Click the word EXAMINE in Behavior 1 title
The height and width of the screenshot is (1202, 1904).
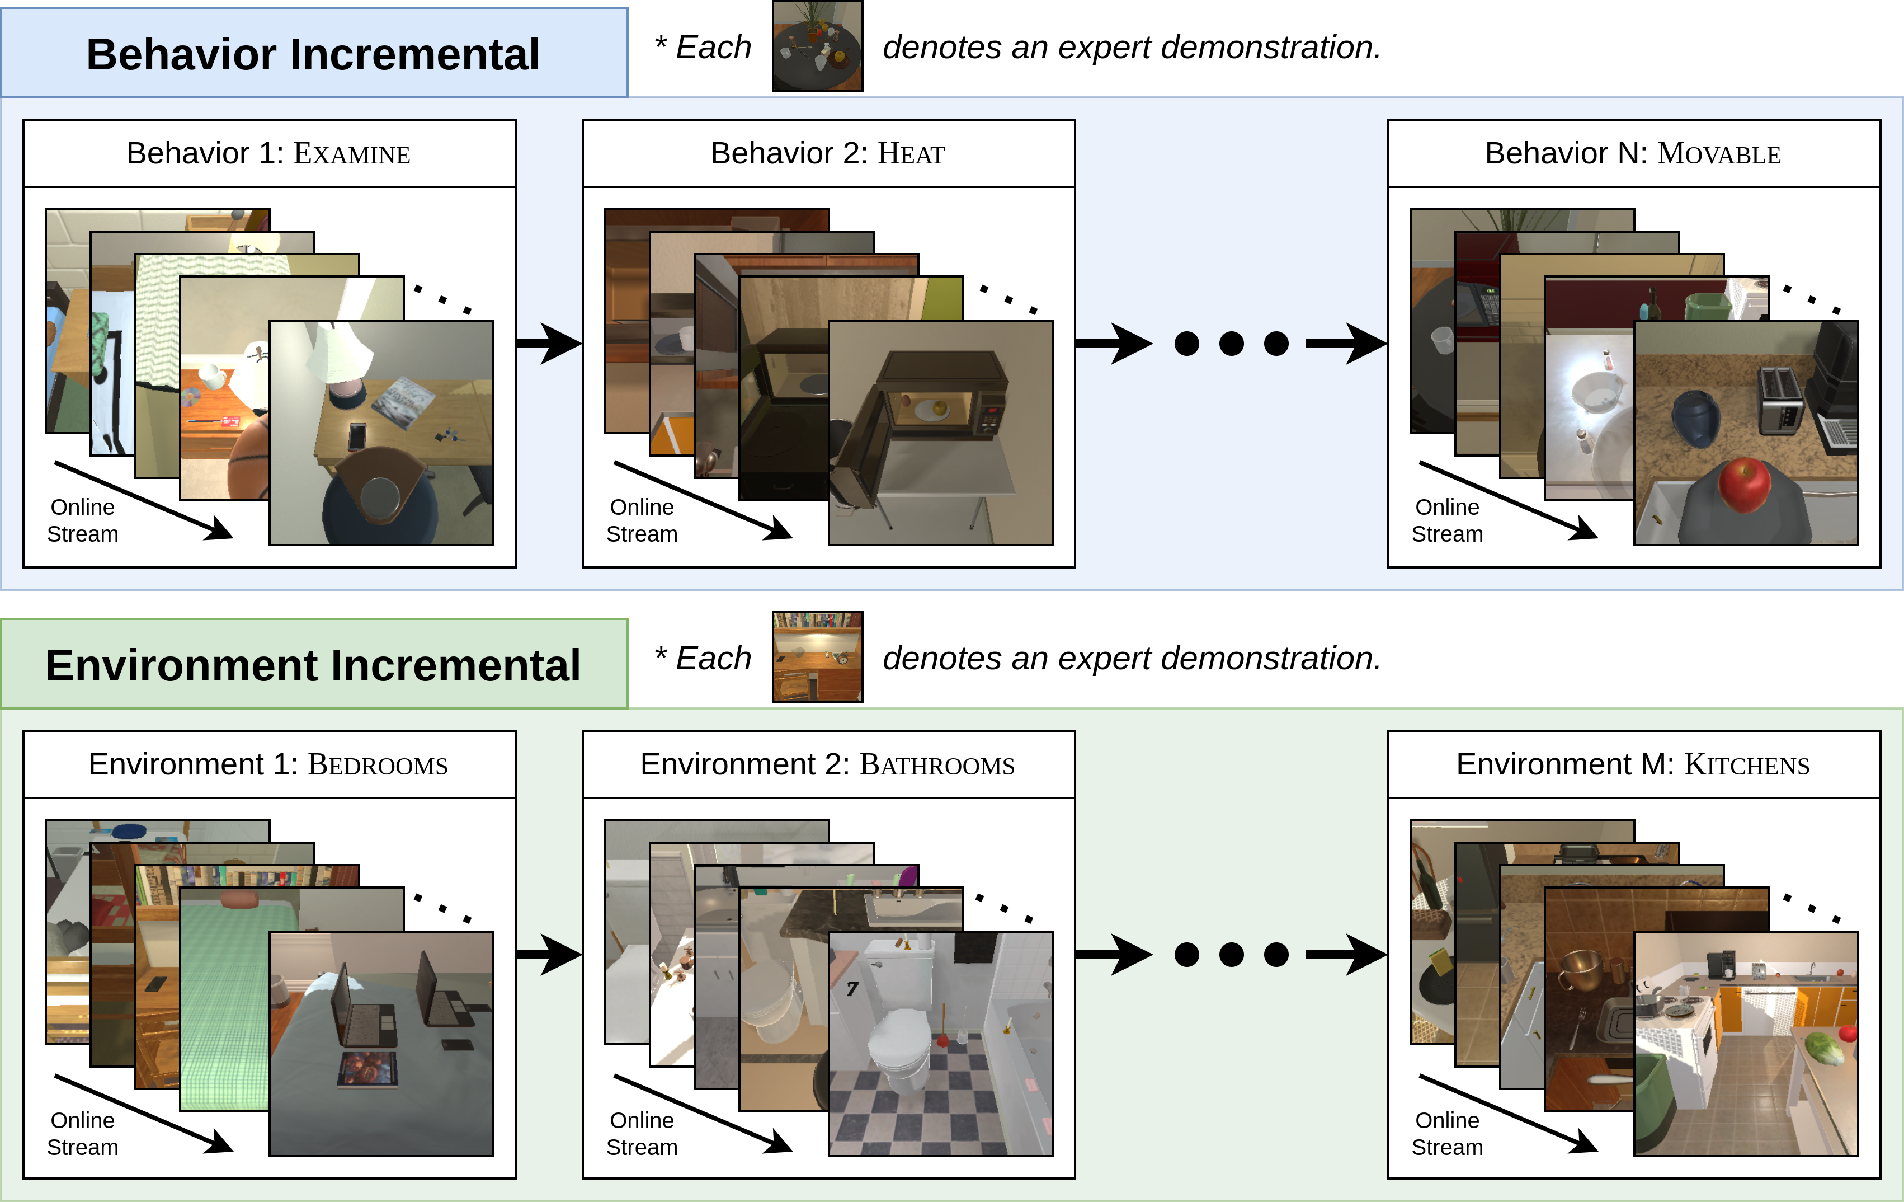[352, 154]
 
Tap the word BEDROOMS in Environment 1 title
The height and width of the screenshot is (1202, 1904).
[378, 766]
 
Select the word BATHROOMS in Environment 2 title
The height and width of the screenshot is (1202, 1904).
[937, 766]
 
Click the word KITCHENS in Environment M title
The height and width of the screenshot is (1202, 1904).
[1747, 766]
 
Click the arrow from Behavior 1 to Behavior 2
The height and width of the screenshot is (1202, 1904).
[549, 343]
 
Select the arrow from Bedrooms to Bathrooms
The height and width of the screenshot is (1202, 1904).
[549, 955]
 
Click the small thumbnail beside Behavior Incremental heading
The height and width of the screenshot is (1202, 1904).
[818, 45]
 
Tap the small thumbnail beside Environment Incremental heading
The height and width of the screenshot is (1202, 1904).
[818, 657]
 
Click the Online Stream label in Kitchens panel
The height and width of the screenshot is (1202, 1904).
[1447, 1133]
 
